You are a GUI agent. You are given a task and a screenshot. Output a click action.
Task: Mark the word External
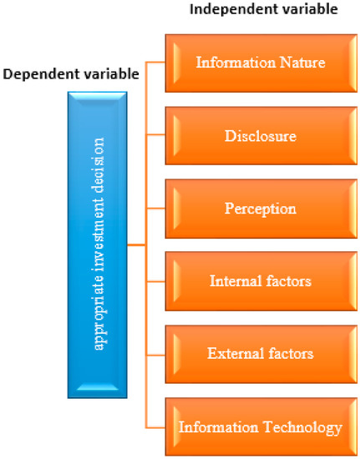pos(236,354)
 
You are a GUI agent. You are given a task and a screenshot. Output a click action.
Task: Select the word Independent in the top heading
pos(222,9)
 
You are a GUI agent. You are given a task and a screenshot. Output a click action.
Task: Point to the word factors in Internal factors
pos(288,280)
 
